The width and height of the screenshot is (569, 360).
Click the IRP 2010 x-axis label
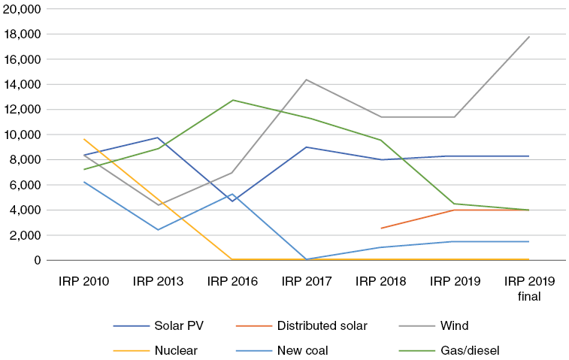pos(84,282)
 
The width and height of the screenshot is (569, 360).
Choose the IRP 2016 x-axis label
pos(232,282)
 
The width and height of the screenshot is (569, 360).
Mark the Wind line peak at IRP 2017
pos(307,80)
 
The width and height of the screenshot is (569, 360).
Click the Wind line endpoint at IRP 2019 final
pos(529,37)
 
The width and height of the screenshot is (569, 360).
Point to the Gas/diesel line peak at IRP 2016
pos(232,100)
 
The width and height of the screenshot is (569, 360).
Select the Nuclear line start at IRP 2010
pos(84,139)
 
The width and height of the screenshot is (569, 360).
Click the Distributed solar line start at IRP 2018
pos(380,228)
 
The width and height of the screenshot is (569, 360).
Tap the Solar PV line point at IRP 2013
pos(158,138)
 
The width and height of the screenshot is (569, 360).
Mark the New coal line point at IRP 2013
pos(158,229)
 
